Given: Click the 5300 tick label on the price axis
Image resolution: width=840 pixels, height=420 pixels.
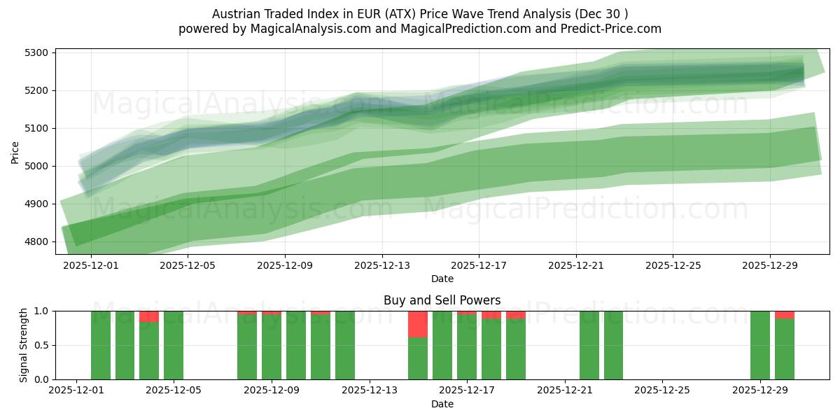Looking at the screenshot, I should point(36,53).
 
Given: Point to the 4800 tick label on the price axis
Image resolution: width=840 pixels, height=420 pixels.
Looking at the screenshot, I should point(36,242).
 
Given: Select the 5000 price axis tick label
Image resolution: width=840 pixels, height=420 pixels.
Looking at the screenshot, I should point(36,167).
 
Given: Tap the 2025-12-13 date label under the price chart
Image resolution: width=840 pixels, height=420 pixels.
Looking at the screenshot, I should point(381,266).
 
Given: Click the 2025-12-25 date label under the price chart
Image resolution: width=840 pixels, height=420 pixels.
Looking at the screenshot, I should point(673,266).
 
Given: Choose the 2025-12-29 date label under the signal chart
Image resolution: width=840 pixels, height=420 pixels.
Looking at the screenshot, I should point(759,391).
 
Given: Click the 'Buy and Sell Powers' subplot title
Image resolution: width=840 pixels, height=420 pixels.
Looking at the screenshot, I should point(442,300).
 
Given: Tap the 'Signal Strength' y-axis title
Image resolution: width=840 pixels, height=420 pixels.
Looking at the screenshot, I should point(24,345).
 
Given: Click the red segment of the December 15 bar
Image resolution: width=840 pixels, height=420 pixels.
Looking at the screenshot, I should point(418,324).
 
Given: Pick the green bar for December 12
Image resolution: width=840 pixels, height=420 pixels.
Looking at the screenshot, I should point(345,345).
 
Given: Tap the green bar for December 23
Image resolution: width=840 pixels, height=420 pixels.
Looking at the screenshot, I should point(613,345).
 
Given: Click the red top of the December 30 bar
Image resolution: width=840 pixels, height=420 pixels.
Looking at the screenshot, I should point(785,315).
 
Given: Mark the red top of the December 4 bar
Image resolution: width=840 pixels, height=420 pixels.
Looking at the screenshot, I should point(149,316).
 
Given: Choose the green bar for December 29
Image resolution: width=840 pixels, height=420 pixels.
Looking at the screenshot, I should point(760,345).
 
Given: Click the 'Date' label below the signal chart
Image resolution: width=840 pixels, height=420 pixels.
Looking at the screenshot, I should point(442,404).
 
